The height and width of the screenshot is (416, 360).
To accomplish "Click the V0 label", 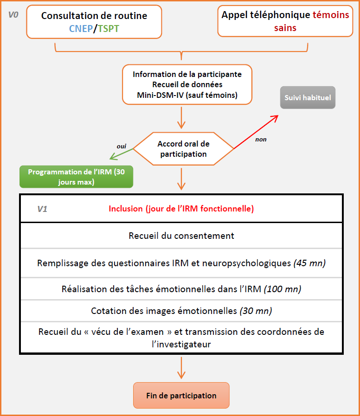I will [13, 15].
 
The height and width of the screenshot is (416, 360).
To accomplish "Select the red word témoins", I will [331, 15].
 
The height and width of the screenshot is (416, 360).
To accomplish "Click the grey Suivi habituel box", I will [308, 98].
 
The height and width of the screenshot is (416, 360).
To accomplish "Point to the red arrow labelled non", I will [255, 131].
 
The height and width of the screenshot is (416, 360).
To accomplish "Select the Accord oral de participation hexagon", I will [183, 149].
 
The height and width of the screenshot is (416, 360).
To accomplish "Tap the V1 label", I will [42, 209].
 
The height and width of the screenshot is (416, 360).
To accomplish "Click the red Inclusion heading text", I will [181, 209].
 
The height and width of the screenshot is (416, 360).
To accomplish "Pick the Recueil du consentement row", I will [181, 236].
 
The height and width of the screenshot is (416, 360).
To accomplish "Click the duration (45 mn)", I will [309, 263].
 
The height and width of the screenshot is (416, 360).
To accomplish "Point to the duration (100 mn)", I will [283, 289].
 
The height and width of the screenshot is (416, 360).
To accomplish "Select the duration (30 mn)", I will [256, 311].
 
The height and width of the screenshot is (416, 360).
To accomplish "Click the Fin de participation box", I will [181, 396].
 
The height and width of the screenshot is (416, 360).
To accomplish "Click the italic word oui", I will [122, 146].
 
